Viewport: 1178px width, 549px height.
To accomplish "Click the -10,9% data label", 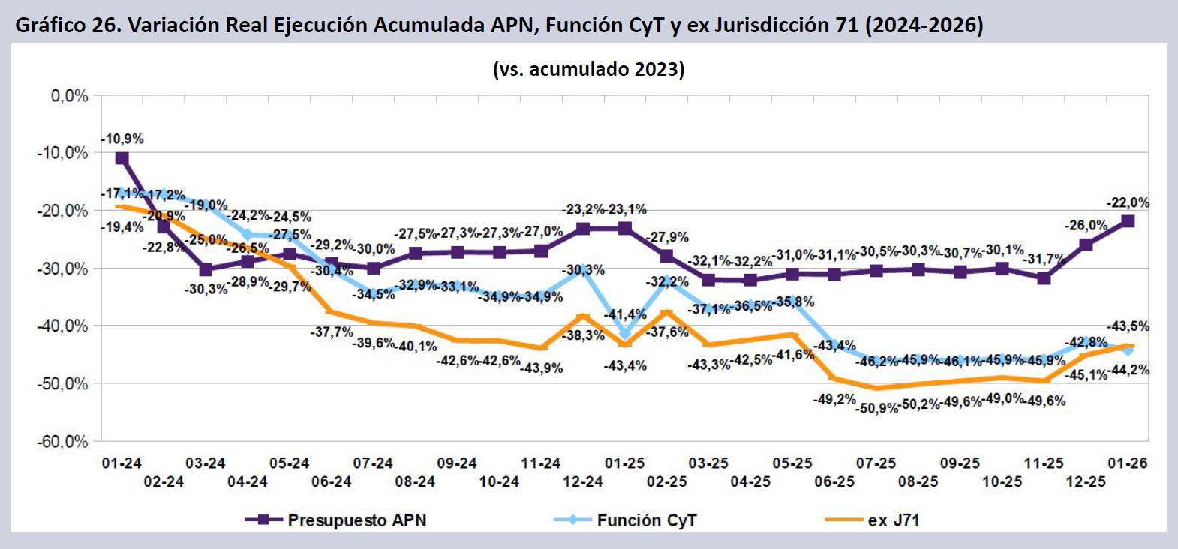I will tap(123, 139).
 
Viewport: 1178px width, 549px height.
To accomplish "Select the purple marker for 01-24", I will tap(122, 158).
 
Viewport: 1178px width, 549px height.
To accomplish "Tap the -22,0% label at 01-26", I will tap(1128, 202).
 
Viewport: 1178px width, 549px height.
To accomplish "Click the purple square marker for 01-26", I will tap(1128, 221).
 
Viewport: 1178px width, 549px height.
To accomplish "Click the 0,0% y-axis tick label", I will tap(70, 96).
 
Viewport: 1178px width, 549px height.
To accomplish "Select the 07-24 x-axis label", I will tap(373, 463).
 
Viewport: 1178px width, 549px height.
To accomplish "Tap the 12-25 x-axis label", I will tap(1086, 481).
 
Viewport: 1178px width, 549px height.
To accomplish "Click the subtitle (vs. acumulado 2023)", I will tap(588, 69).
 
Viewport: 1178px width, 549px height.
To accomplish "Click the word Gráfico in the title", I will tap(50, 25).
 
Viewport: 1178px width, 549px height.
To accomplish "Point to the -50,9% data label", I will tap(877, 409).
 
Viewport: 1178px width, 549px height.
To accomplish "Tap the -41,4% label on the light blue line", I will tap(625, 314).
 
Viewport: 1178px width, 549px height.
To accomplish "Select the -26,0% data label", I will tap(1086, 225).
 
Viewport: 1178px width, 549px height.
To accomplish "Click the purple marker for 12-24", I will tap(583, 229).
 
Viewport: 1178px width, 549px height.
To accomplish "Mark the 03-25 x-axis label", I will tap(708, 463).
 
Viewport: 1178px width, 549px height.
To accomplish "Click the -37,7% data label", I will tap(332, 331).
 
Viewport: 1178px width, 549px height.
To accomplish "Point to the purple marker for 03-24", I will tap(206, 269).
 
